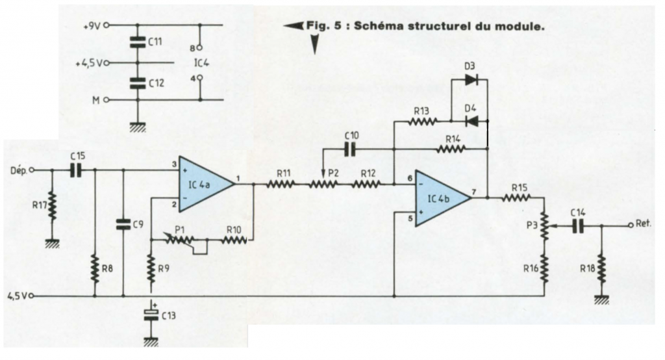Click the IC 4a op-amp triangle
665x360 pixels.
pos(203,184)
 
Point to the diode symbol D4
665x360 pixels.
pos(471,121)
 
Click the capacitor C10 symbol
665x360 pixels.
pos(350,149)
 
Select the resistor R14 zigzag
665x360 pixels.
pos(453,149)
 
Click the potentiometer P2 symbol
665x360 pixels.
pos(323,184)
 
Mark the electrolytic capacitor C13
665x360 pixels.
pos(151,315)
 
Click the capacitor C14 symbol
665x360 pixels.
pos(578,226)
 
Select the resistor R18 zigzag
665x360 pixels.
pos(601,267)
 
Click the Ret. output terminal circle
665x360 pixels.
pos(630,226)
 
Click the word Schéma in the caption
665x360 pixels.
pos(379,27)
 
